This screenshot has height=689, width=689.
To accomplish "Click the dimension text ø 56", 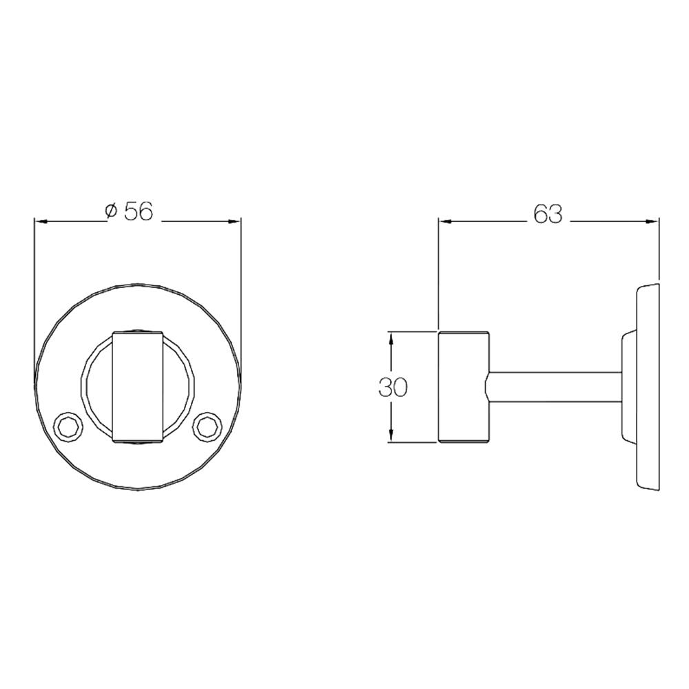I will (x=129, y=212).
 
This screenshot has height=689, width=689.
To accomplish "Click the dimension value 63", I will (x=548, y=214).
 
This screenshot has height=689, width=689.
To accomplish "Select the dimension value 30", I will (x=393, y=387).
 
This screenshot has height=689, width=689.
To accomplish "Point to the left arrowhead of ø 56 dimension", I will (x=41, y=222).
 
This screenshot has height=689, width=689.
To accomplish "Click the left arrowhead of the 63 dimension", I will (x=446, y=222).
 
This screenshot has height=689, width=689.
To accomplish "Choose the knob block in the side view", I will (x=464, y=387).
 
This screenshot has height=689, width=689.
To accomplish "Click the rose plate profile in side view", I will (x=648, y=387).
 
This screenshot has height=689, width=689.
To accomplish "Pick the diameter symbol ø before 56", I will (x=110, y=212).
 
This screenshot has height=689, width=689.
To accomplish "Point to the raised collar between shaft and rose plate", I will (x=628, y=387).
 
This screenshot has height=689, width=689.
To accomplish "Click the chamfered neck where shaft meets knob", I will (x=491, y=387).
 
